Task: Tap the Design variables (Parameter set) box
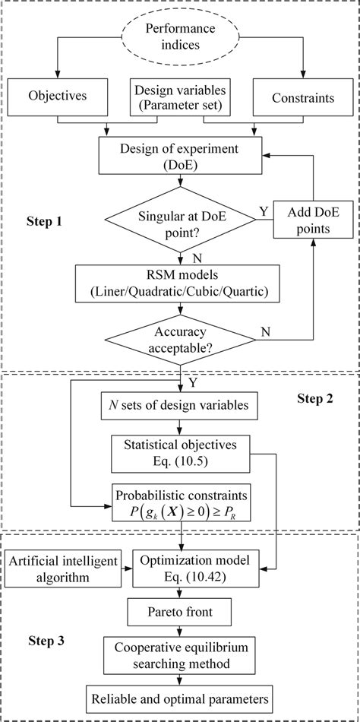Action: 179,97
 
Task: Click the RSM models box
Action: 180,280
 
